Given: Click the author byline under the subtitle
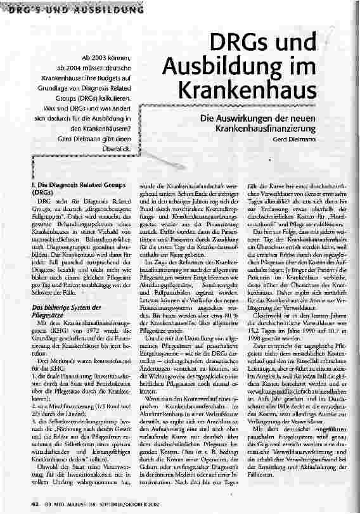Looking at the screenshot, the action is point(296,138).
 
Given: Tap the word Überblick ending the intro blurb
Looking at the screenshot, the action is point(117,148).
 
